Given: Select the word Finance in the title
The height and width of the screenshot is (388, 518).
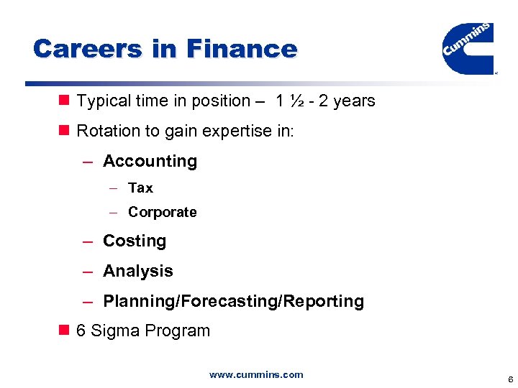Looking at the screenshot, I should tap(241, 49).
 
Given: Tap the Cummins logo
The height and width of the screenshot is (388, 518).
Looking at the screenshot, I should tap(468, 47).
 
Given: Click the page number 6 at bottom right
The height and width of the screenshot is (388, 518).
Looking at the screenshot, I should tap(510, 379).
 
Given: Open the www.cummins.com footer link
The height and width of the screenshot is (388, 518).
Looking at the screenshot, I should tap(256, 374).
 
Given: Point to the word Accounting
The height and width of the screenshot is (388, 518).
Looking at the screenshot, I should tap(150, 161).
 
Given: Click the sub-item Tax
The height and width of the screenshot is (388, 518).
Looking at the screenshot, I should tap(140, 188).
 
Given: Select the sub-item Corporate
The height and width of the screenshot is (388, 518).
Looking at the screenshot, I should tap(162, 212).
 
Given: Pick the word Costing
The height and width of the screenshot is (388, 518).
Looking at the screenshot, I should tap(135, 241).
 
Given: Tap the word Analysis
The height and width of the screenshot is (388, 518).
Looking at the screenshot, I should tap(138, 271).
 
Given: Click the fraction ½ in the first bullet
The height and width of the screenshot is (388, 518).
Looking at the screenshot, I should tap(295, 101).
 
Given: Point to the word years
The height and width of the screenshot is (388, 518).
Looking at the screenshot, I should tap(354, 101).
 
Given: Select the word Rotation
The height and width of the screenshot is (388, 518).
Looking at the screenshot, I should tap(104, 131).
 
